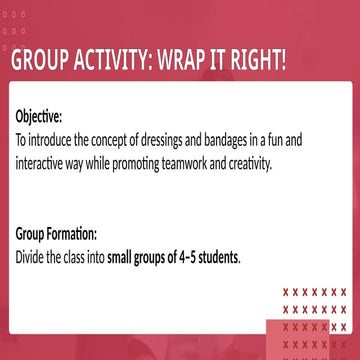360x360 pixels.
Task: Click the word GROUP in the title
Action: [42, 60]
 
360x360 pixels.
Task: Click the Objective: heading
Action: [38, 116]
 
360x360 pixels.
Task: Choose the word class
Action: [86, 257]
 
